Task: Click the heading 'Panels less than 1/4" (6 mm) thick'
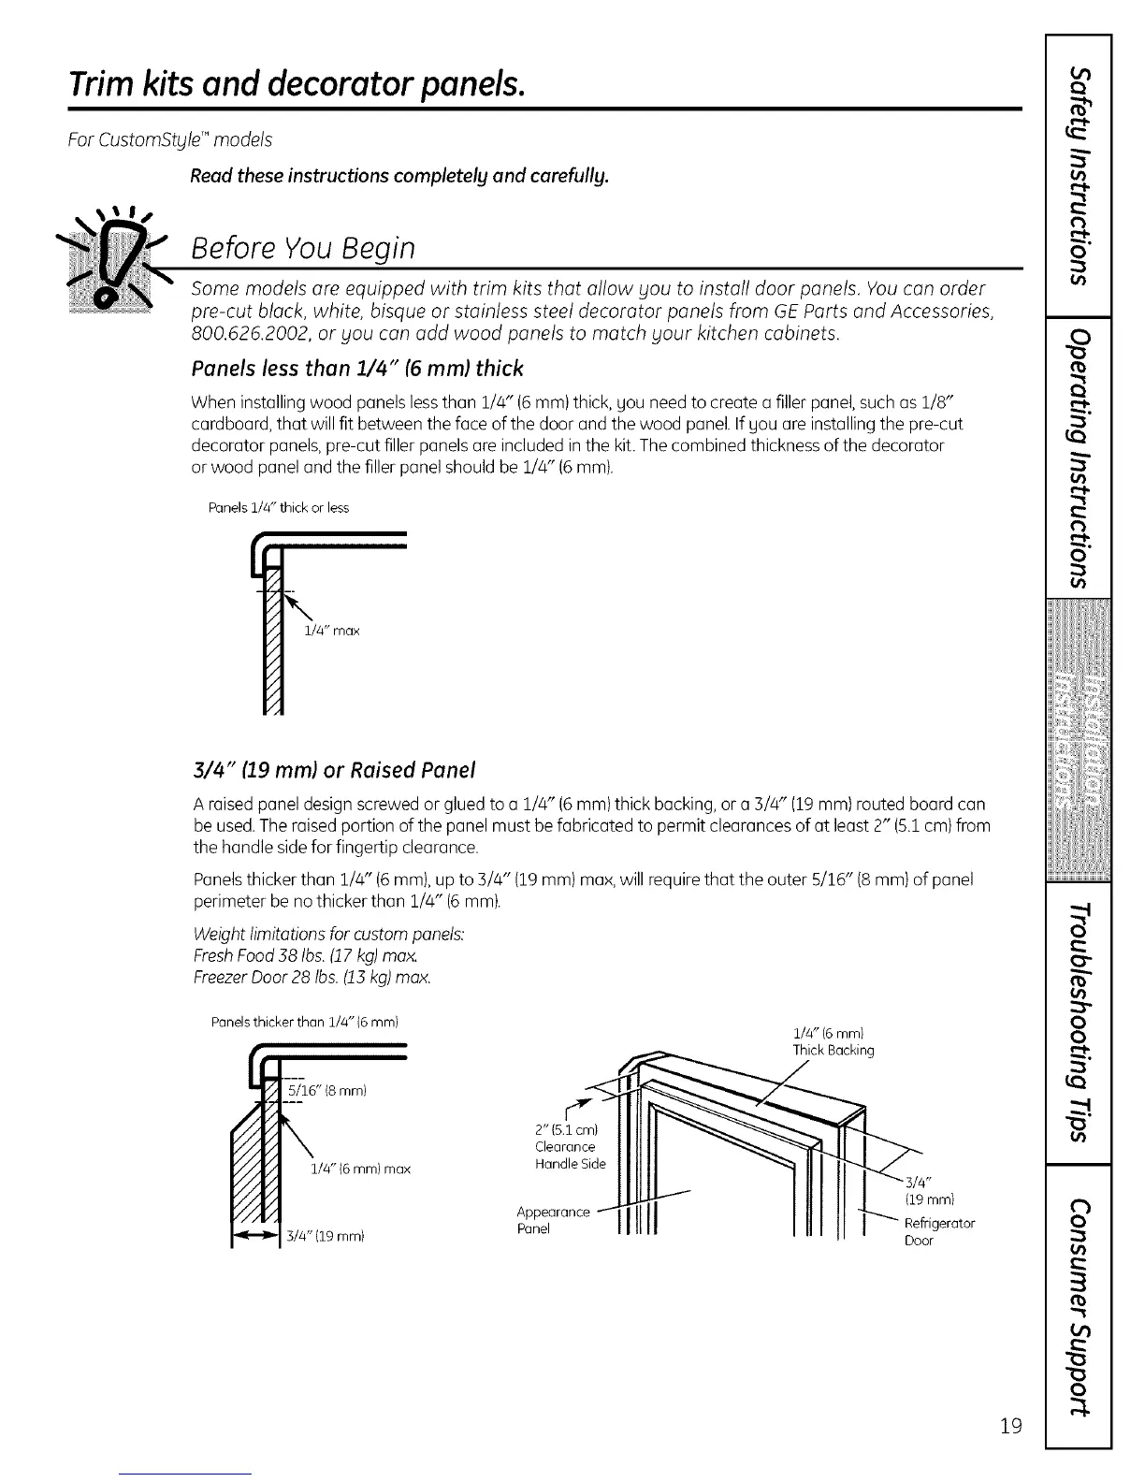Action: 356,368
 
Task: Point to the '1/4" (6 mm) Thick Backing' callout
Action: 833,1041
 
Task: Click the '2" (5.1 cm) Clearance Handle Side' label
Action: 570,1146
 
